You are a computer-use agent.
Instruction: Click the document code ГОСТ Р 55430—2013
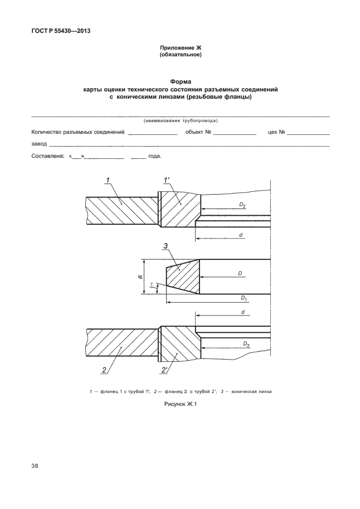point(61,31)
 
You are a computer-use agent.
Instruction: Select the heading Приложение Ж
point(181,48)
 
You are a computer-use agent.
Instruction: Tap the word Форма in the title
point(181,81)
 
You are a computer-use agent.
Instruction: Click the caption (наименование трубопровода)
point(181,121)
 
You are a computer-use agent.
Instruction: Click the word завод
point(39,144)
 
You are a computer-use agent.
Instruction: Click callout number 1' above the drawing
point(167,180)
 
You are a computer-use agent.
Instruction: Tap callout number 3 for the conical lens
point(166,246)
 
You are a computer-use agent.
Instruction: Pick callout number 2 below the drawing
point(104,370)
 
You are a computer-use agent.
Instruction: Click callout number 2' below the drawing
point(164,370)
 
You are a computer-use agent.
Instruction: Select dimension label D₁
point(244,298)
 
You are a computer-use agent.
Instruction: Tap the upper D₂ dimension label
point(242,205)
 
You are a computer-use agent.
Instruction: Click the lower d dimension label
point(243,312)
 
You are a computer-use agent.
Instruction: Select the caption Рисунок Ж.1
point(181,404)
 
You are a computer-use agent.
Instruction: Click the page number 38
point(35,466)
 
